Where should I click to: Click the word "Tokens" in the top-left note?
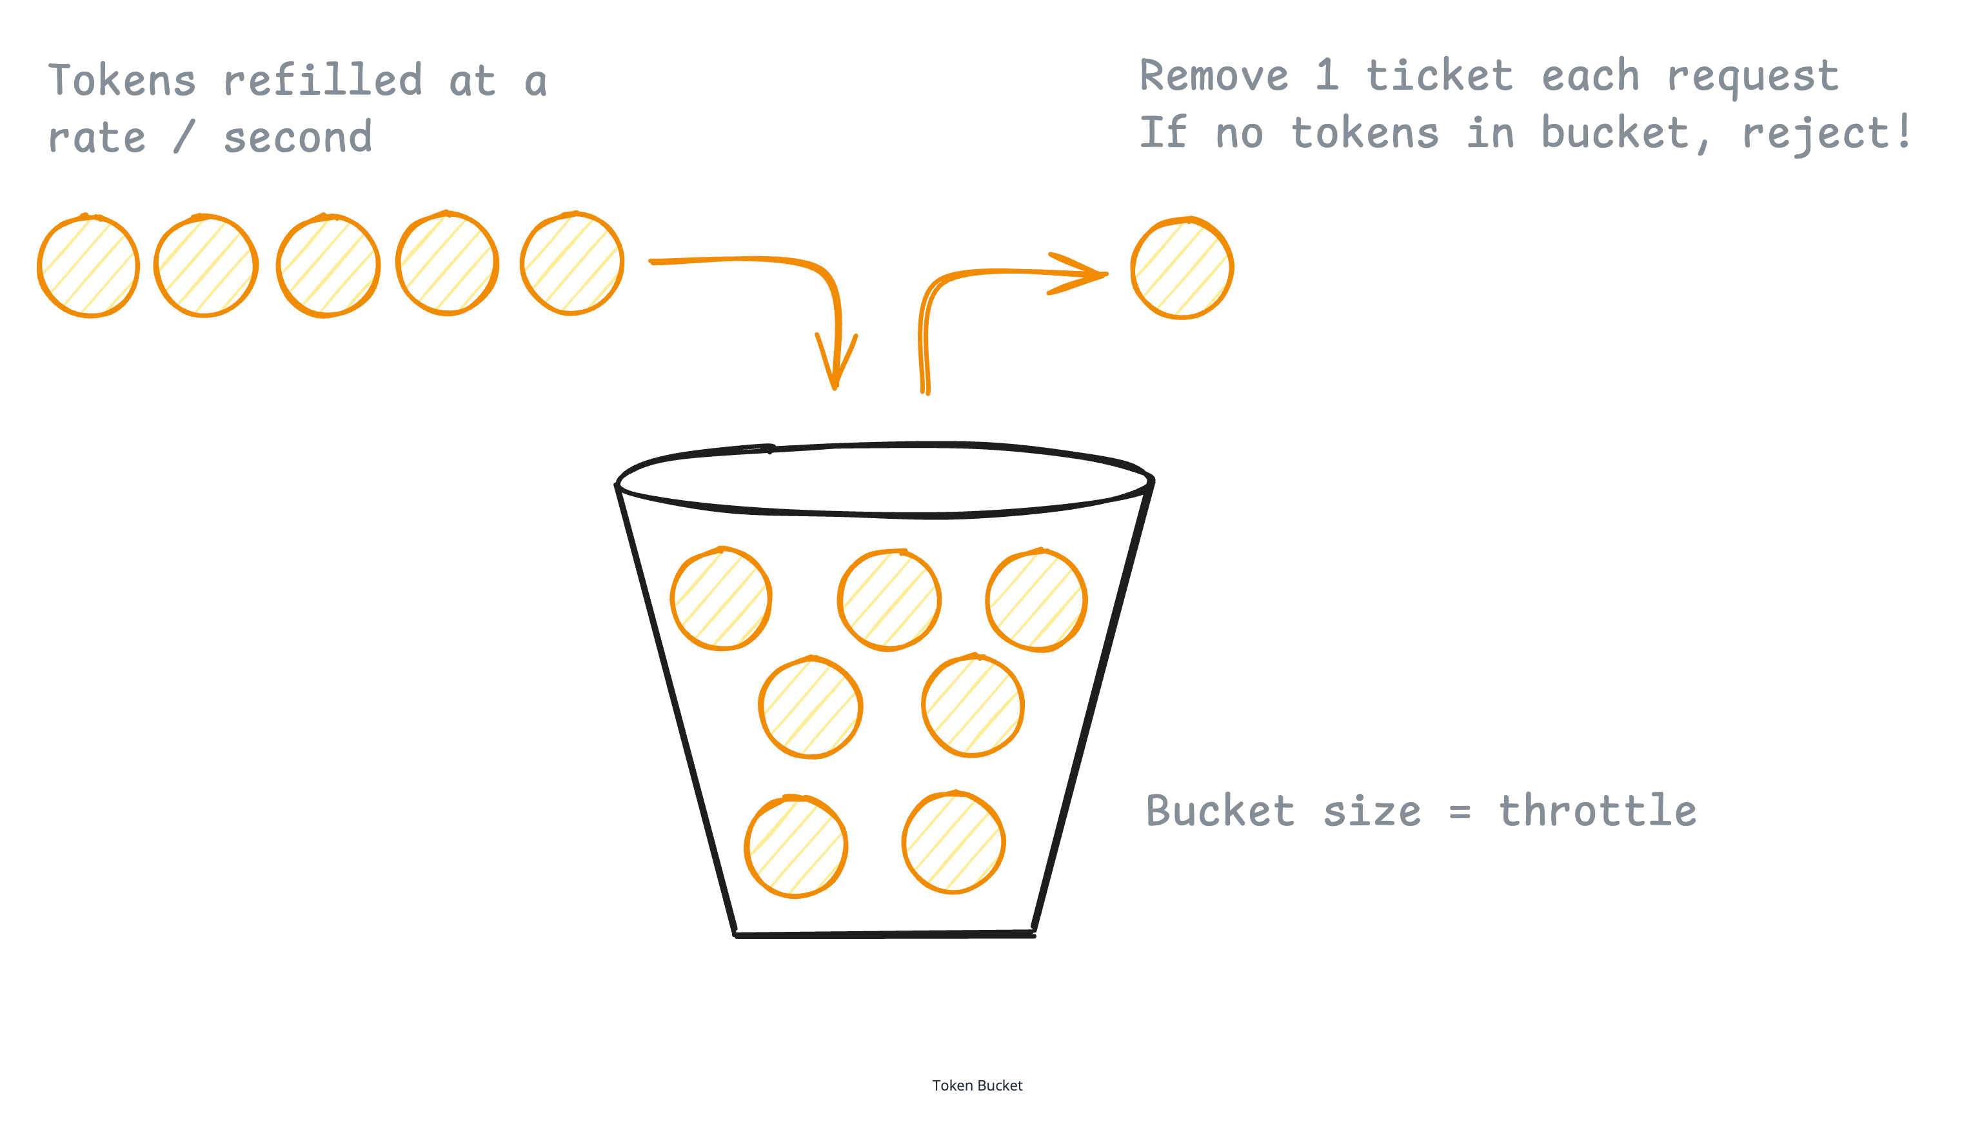(x=123, y=81)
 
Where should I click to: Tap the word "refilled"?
(x=323, y=79)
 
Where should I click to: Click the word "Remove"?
(x=1214, y=76)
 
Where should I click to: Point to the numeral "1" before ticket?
(x=1327, y=75)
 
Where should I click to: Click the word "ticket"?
(x=1440, y=76)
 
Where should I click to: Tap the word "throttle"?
(x=1598, y=812)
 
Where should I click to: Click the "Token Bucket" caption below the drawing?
(x=977, y=1085)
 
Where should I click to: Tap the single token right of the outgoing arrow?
(x=1182, y=268)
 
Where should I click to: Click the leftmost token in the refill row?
(x=89, y=267)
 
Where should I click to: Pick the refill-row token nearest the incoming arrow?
(x=572, y=263)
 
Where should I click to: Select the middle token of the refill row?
(x=328, y=266)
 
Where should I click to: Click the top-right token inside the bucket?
(x=1036, y=599)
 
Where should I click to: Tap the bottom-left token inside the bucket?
(x=796, y=847)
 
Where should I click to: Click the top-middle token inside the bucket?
(x=889, y=600)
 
